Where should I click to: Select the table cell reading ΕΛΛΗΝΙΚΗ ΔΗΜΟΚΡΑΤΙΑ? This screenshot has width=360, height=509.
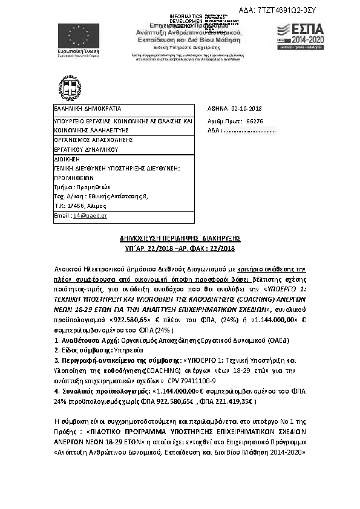(79, 109)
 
